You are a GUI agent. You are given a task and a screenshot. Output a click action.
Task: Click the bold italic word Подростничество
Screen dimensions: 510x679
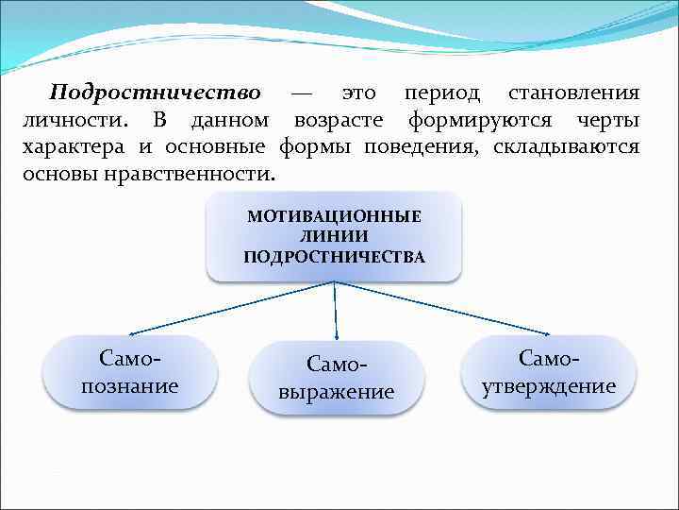coord(155,93)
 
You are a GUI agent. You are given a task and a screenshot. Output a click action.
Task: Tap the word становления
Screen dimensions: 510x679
coord(573,93)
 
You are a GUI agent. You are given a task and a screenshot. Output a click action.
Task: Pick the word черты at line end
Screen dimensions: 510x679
coord(606,121)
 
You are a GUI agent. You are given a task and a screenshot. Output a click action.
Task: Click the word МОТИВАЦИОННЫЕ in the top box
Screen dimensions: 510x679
coord(334,216)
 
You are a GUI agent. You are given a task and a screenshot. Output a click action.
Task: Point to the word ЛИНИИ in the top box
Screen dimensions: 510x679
coord(334,236)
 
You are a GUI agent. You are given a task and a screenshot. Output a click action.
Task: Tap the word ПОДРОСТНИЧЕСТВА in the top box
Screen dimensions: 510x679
coord(334,256)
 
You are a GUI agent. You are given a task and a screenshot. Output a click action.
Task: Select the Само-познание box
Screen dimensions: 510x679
coord(131,372)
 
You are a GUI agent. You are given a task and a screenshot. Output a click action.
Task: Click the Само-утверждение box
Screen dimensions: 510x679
coord(549,372)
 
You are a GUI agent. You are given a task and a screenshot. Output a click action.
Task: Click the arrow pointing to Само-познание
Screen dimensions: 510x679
coord(231,308)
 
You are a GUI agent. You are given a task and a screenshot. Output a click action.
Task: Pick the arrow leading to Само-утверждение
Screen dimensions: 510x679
coord(443,308)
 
